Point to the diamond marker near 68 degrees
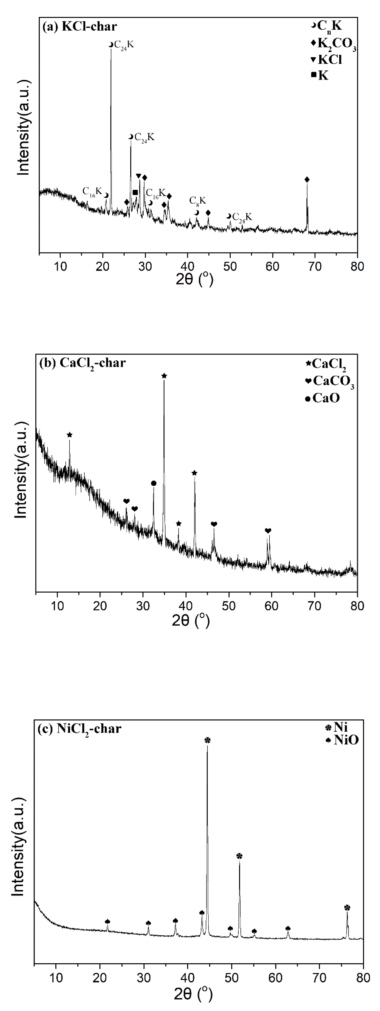(x=307, y=179)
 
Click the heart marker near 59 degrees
(x=268, y=531)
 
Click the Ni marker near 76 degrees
(x=347, y=908)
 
